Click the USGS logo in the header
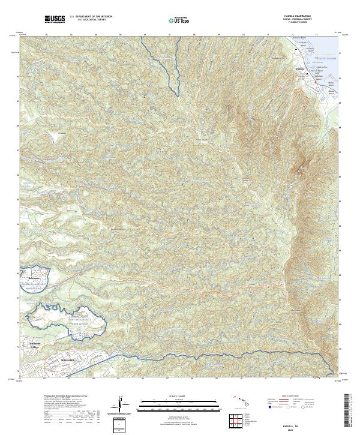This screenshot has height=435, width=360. pos(55,20)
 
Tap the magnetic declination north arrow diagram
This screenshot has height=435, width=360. pos(121,405)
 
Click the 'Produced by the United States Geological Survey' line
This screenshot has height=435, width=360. pos(46,397)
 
